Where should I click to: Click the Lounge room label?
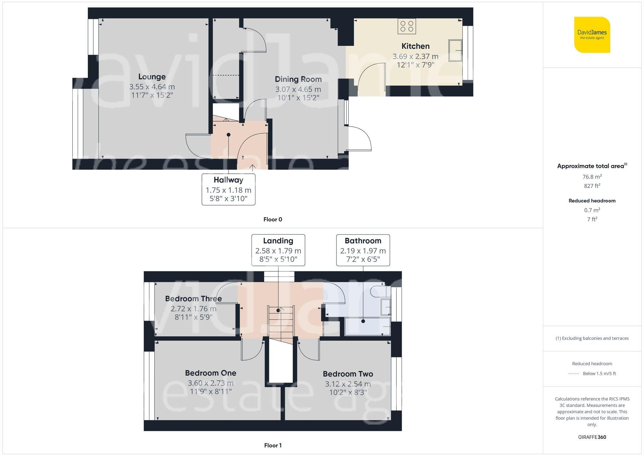point(152,77)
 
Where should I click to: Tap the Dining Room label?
point(298,79)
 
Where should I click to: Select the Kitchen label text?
point(415,46)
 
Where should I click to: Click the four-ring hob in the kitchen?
point(407,26)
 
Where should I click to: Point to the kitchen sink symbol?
point(455,50)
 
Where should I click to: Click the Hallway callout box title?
point(228,180)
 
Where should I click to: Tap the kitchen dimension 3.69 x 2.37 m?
point(415,56)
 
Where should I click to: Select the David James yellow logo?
point(592,35)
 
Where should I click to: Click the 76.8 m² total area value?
point(592,177)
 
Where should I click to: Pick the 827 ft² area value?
point(592,186)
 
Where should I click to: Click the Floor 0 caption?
point(273,219)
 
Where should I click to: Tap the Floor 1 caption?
point(273,445)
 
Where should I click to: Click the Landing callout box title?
point(278,241)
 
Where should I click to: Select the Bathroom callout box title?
point(363,241)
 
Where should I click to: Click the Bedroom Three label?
point(193,299)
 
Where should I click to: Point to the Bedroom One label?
point(211,373)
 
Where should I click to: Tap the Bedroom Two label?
point(348,374)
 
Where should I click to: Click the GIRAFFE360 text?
point(592,437)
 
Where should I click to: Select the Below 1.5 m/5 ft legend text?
point(599,374)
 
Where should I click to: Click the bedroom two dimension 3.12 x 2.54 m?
point(348,384)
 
